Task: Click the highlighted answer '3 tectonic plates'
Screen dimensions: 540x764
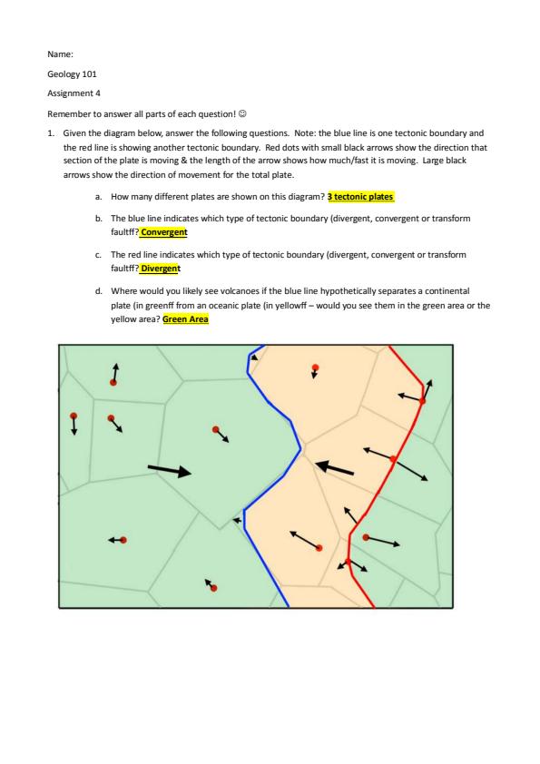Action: tap(360, 197)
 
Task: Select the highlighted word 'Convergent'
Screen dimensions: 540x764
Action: tap(163, 232)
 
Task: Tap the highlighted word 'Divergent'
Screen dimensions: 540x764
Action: tap(161, 269)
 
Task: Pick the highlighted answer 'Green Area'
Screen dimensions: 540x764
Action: tap(185, 319)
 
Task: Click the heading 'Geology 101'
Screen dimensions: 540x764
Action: tap(72, 74)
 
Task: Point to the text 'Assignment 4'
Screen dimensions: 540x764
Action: tap(74, 93)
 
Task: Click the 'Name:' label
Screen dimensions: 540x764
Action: tap(61, 54)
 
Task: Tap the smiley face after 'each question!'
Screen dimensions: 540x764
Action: tap(242, 113)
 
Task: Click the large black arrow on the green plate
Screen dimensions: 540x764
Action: tap(170, 470)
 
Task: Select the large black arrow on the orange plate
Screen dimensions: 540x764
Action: tap(334, 468)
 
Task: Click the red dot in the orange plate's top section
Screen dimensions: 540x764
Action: tap(315, 367)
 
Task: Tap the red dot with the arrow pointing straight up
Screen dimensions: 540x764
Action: tap(113, 383)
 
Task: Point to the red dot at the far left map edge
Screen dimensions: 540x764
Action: tap(74, 416)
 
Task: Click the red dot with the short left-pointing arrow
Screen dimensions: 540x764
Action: tap(123, 540)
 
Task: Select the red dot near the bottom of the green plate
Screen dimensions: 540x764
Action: tap(213, 588)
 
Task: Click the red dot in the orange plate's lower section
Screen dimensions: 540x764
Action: tap(319, 548)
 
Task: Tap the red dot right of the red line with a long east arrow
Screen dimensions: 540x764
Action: tap(366, 537)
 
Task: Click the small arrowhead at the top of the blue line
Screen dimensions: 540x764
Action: tap(254, 358)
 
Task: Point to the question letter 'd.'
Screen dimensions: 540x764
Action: tap(99, 291)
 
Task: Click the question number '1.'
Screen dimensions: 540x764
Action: tap(51, 133)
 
